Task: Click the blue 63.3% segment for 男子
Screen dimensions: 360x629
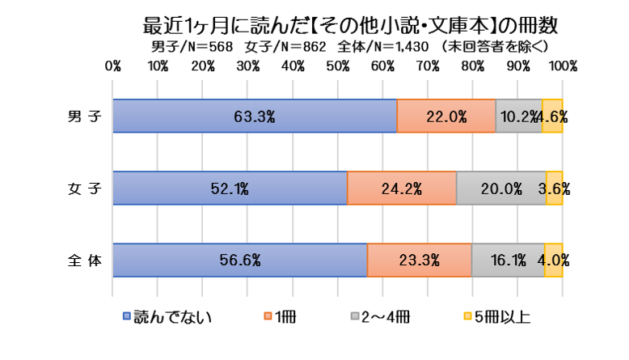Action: [x=255, y=116]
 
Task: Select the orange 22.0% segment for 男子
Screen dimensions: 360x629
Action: [x=446, y=116]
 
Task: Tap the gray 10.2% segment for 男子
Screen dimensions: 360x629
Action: [x=518, y=116]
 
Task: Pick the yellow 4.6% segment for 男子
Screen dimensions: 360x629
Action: [x=552, y=116]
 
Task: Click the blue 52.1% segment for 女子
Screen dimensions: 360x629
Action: [x=230, y=188]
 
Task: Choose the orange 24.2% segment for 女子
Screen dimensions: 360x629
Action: [x=402, y=188]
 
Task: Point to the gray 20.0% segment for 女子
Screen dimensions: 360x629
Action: [x=501, y=188]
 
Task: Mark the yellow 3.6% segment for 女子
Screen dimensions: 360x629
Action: [x=555, y=188]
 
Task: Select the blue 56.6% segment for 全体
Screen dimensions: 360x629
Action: [x=240, y=260]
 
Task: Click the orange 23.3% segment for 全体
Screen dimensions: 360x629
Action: [x=420, y=260]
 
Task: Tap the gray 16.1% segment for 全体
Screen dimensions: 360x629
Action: [x=508, y=260]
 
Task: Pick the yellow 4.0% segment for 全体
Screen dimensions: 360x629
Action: [x=554, y=260]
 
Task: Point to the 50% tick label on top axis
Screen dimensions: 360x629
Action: [x=338, y=64]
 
